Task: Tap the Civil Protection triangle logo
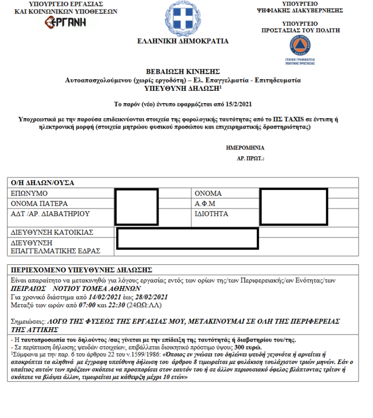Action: [x=300, y=46]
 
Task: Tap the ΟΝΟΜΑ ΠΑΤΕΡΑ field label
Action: [x=40, y=203]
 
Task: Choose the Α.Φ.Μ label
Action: [x=205, y=203]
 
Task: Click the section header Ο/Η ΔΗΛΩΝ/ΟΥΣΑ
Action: [x=42, y=183]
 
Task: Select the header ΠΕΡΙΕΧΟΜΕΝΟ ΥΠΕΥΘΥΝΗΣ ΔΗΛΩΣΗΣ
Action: [x=82, y=269]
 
